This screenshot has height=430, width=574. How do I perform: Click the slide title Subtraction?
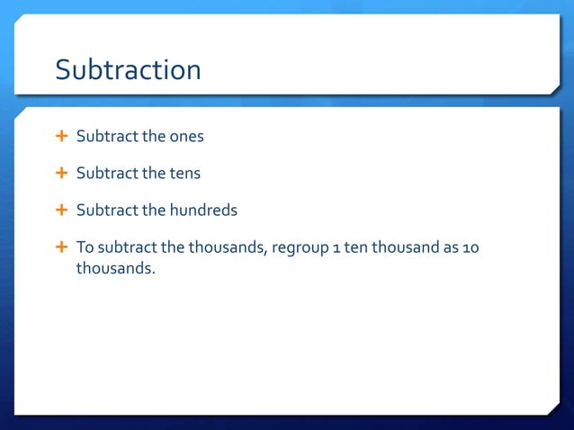pos(128,69)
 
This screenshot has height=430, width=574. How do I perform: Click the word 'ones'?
pos(187,138)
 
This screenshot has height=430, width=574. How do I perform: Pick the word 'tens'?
pos(184,174)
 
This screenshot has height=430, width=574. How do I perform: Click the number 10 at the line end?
pos(471,247)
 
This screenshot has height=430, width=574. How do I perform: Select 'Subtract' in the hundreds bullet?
pos(105,211)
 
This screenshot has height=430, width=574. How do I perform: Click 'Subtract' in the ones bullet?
pos(105,138)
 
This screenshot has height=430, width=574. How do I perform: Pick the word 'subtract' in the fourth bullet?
pos(127,247)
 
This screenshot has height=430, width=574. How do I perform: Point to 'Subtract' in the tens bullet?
pos(105,174)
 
